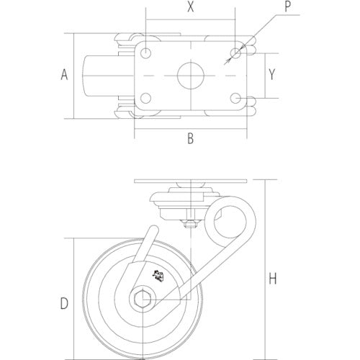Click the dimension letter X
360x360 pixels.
click(x=190, y=8)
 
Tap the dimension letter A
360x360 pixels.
click(x=64, y=75)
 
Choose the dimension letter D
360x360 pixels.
click(x=64, y=303)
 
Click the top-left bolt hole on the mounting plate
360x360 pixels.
click(x=146, y=53)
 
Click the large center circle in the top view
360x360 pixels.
click(x=190, y=75)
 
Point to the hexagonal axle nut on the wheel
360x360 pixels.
click(x=142, y=300)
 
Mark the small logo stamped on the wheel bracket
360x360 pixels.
click(x=157, y=274)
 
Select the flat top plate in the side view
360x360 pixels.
click(x=190, y=181)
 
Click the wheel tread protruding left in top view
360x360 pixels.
click(x=101, y=75)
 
